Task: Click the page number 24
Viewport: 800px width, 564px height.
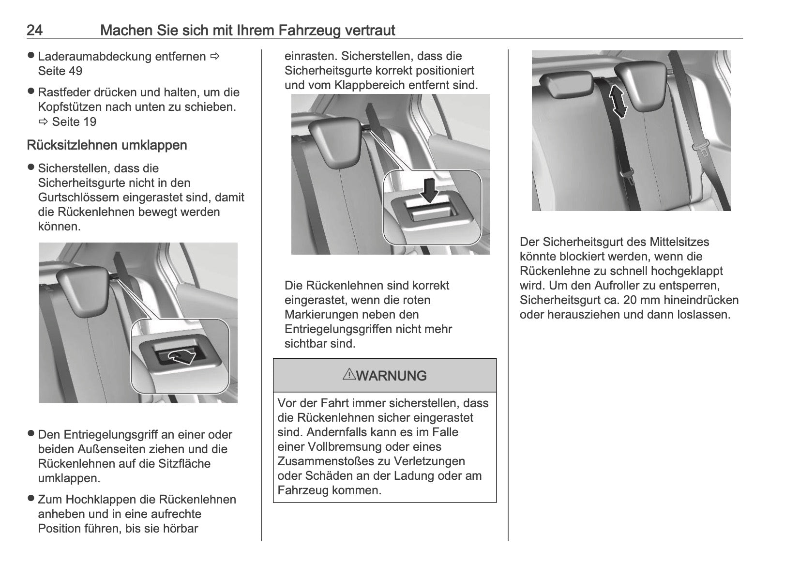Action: pyautogui.click(x=35, y=30)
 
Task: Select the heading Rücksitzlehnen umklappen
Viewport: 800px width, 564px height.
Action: pyautogui.click(x=107, y=145)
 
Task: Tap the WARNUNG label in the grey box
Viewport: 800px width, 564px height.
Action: pyautogui.click(x=392, y=376)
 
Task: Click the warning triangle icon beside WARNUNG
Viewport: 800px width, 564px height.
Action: pyautogui.click(x=349, y=374)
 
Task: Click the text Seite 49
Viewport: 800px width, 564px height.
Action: pyautogui.click(x=60, y=71)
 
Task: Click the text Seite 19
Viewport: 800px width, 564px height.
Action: pyautogui.click(x=74, y=122)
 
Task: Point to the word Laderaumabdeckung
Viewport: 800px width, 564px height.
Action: pyautogui.click(x=95, y=57)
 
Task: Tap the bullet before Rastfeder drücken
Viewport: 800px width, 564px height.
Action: pyautogui.click(x=31, y=91)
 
